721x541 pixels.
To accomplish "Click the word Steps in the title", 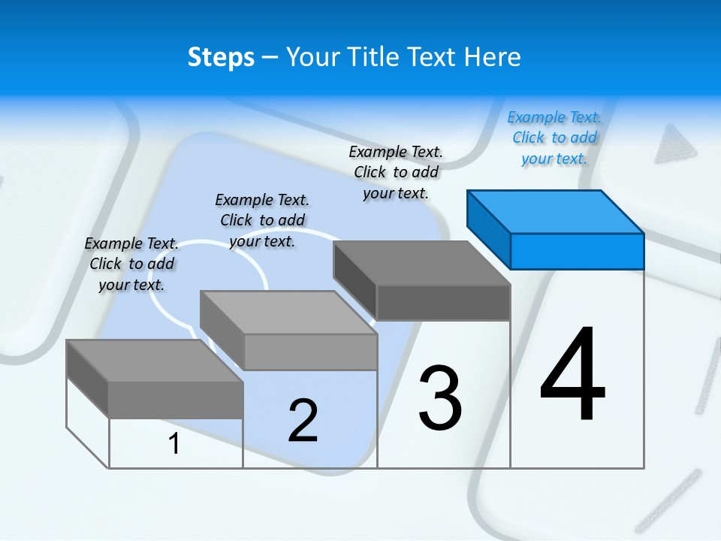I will pos(221,57).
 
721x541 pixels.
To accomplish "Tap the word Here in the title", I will pos(490,57).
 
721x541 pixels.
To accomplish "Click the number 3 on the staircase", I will pos(440,398).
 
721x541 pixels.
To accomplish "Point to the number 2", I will pos(303,421).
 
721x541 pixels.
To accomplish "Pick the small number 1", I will pos(173,443).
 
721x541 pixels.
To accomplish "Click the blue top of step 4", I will pos(556,211).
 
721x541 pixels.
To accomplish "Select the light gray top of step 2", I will pos(288,313).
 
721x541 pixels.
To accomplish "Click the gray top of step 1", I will pos(155,361).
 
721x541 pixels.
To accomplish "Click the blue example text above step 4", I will pos(554,138).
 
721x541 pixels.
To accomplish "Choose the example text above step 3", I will pos(396,172).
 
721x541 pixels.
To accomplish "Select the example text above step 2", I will pos(262,220).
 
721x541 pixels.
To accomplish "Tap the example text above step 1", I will pos(131,264).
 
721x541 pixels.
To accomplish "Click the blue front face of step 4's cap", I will pos(577,251).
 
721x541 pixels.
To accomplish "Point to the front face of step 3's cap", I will pos(443,303).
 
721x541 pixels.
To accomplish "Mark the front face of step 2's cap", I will pos(310,352).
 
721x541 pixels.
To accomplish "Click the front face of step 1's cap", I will pos(176,400).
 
